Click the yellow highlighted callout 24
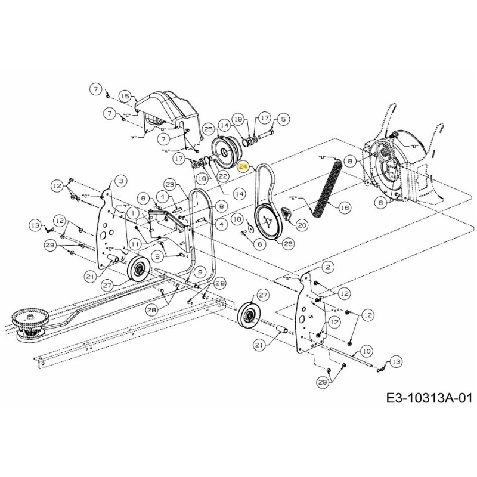[243, 168]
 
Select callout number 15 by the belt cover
[124, 96]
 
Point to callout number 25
[208, 128]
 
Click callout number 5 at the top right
[283, 119]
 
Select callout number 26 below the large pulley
[289, 243]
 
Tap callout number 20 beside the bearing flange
[302, 225]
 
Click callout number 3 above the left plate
[120, 180]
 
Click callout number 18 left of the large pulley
[237, 219]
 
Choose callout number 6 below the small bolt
[259, 243]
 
